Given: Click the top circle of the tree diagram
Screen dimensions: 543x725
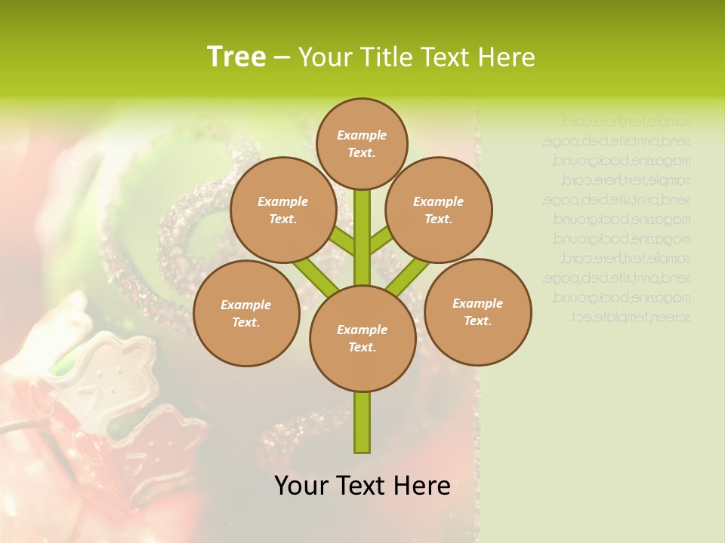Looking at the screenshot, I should [x=362, y=143].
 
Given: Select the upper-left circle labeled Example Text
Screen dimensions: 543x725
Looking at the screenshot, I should [x=282, y=210].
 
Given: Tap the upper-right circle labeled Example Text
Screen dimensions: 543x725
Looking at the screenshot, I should [x=438, y=210].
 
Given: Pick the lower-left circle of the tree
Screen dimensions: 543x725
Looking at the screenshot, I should [x=246, y=313].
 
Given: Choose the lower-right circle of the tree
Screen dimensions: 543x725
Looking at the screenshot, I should [x=477, y=311].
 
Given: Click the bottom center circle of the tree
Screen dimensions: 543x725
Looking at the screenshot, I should [x=362, y=339].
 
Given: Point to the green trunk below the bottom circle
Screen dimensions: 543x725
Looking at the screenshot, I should [x=362, y=422].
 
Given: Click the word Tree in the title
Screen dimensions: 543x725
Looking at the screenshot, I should [x=236, y=57].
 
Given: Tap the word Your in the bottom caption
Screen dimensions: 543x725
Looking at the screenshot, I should [x=301, y=486].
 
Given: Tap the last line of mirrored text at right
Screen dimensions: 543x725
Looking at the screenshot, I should [x=628, y=317].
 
